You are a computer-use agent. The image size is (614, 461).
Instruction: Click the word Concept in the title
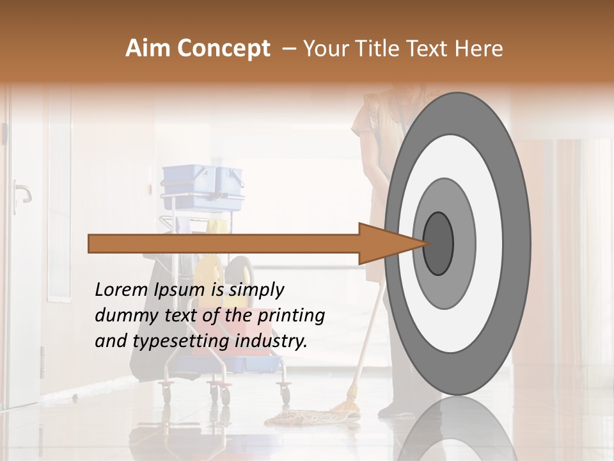(224, 49)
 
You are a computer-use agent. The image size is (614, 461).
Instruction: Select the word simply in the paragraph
(256, 290)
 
